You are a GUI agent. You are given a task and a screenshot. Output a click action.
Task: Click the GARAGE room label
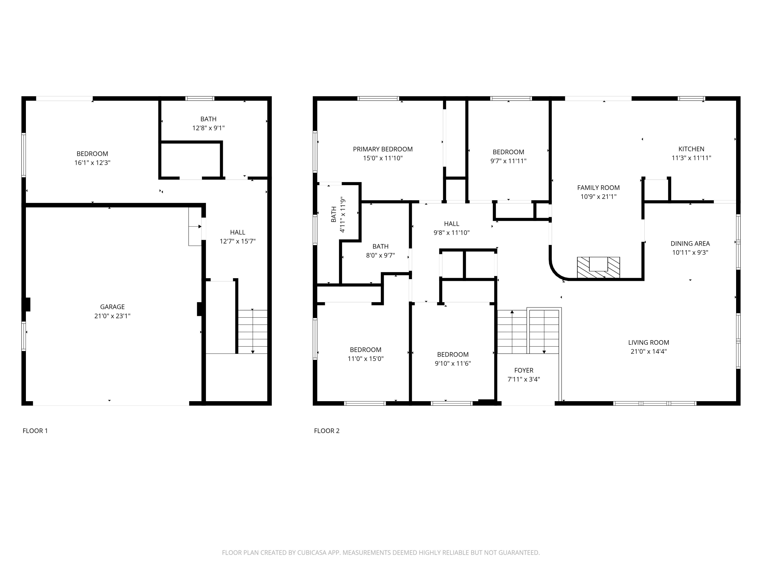click(112, 307)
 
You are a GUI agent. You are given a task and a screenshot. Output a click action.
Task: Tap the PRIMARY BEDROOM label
click(383, 149)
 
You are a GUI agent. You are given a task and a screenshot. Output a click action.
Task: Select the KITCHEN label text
click(691, 149)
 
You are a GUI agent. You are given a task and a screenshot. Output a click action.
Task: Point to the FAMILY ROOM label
click(598, 188)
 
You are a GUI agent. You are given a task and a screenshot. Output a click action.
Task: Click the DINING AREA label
click(690, 244)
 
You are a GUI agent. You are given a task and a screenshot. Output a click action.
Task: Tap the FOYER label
click(523, 370)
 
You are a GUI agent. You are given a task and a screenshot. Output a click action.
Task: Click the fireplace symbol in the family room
click(598, 267)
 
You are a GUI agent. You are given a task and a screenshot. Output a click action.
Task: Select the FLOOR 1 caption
click(35, 431)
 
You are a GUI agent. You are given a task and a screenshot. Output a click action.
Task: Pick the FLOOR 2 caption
click(327, 431)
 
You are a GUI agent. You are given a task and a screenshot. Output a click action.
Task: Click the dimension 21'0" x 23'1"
click(112, 316)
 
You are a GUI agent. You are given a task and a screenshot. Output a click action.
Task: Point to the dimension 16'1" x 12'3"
click(92, 163)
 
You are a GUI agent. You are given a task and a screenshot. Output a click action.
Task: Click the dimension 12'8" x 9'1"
click(209, 128)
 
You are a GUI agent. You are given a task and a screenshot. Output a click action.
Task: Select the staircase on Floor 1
click(252, 331)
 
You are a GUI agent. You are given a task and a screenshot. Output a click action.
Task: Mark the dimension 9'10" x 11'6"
click(453, 363)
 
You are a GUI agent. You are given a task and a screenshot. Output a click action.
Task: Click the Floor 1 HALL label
click(238, 232)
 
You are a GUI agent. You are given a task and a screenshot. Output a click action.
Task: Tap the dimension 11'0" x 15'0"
click(366, 358)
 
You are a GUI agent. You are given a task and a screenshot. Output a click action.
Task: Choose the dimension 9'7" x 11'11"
click(509, 161)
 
